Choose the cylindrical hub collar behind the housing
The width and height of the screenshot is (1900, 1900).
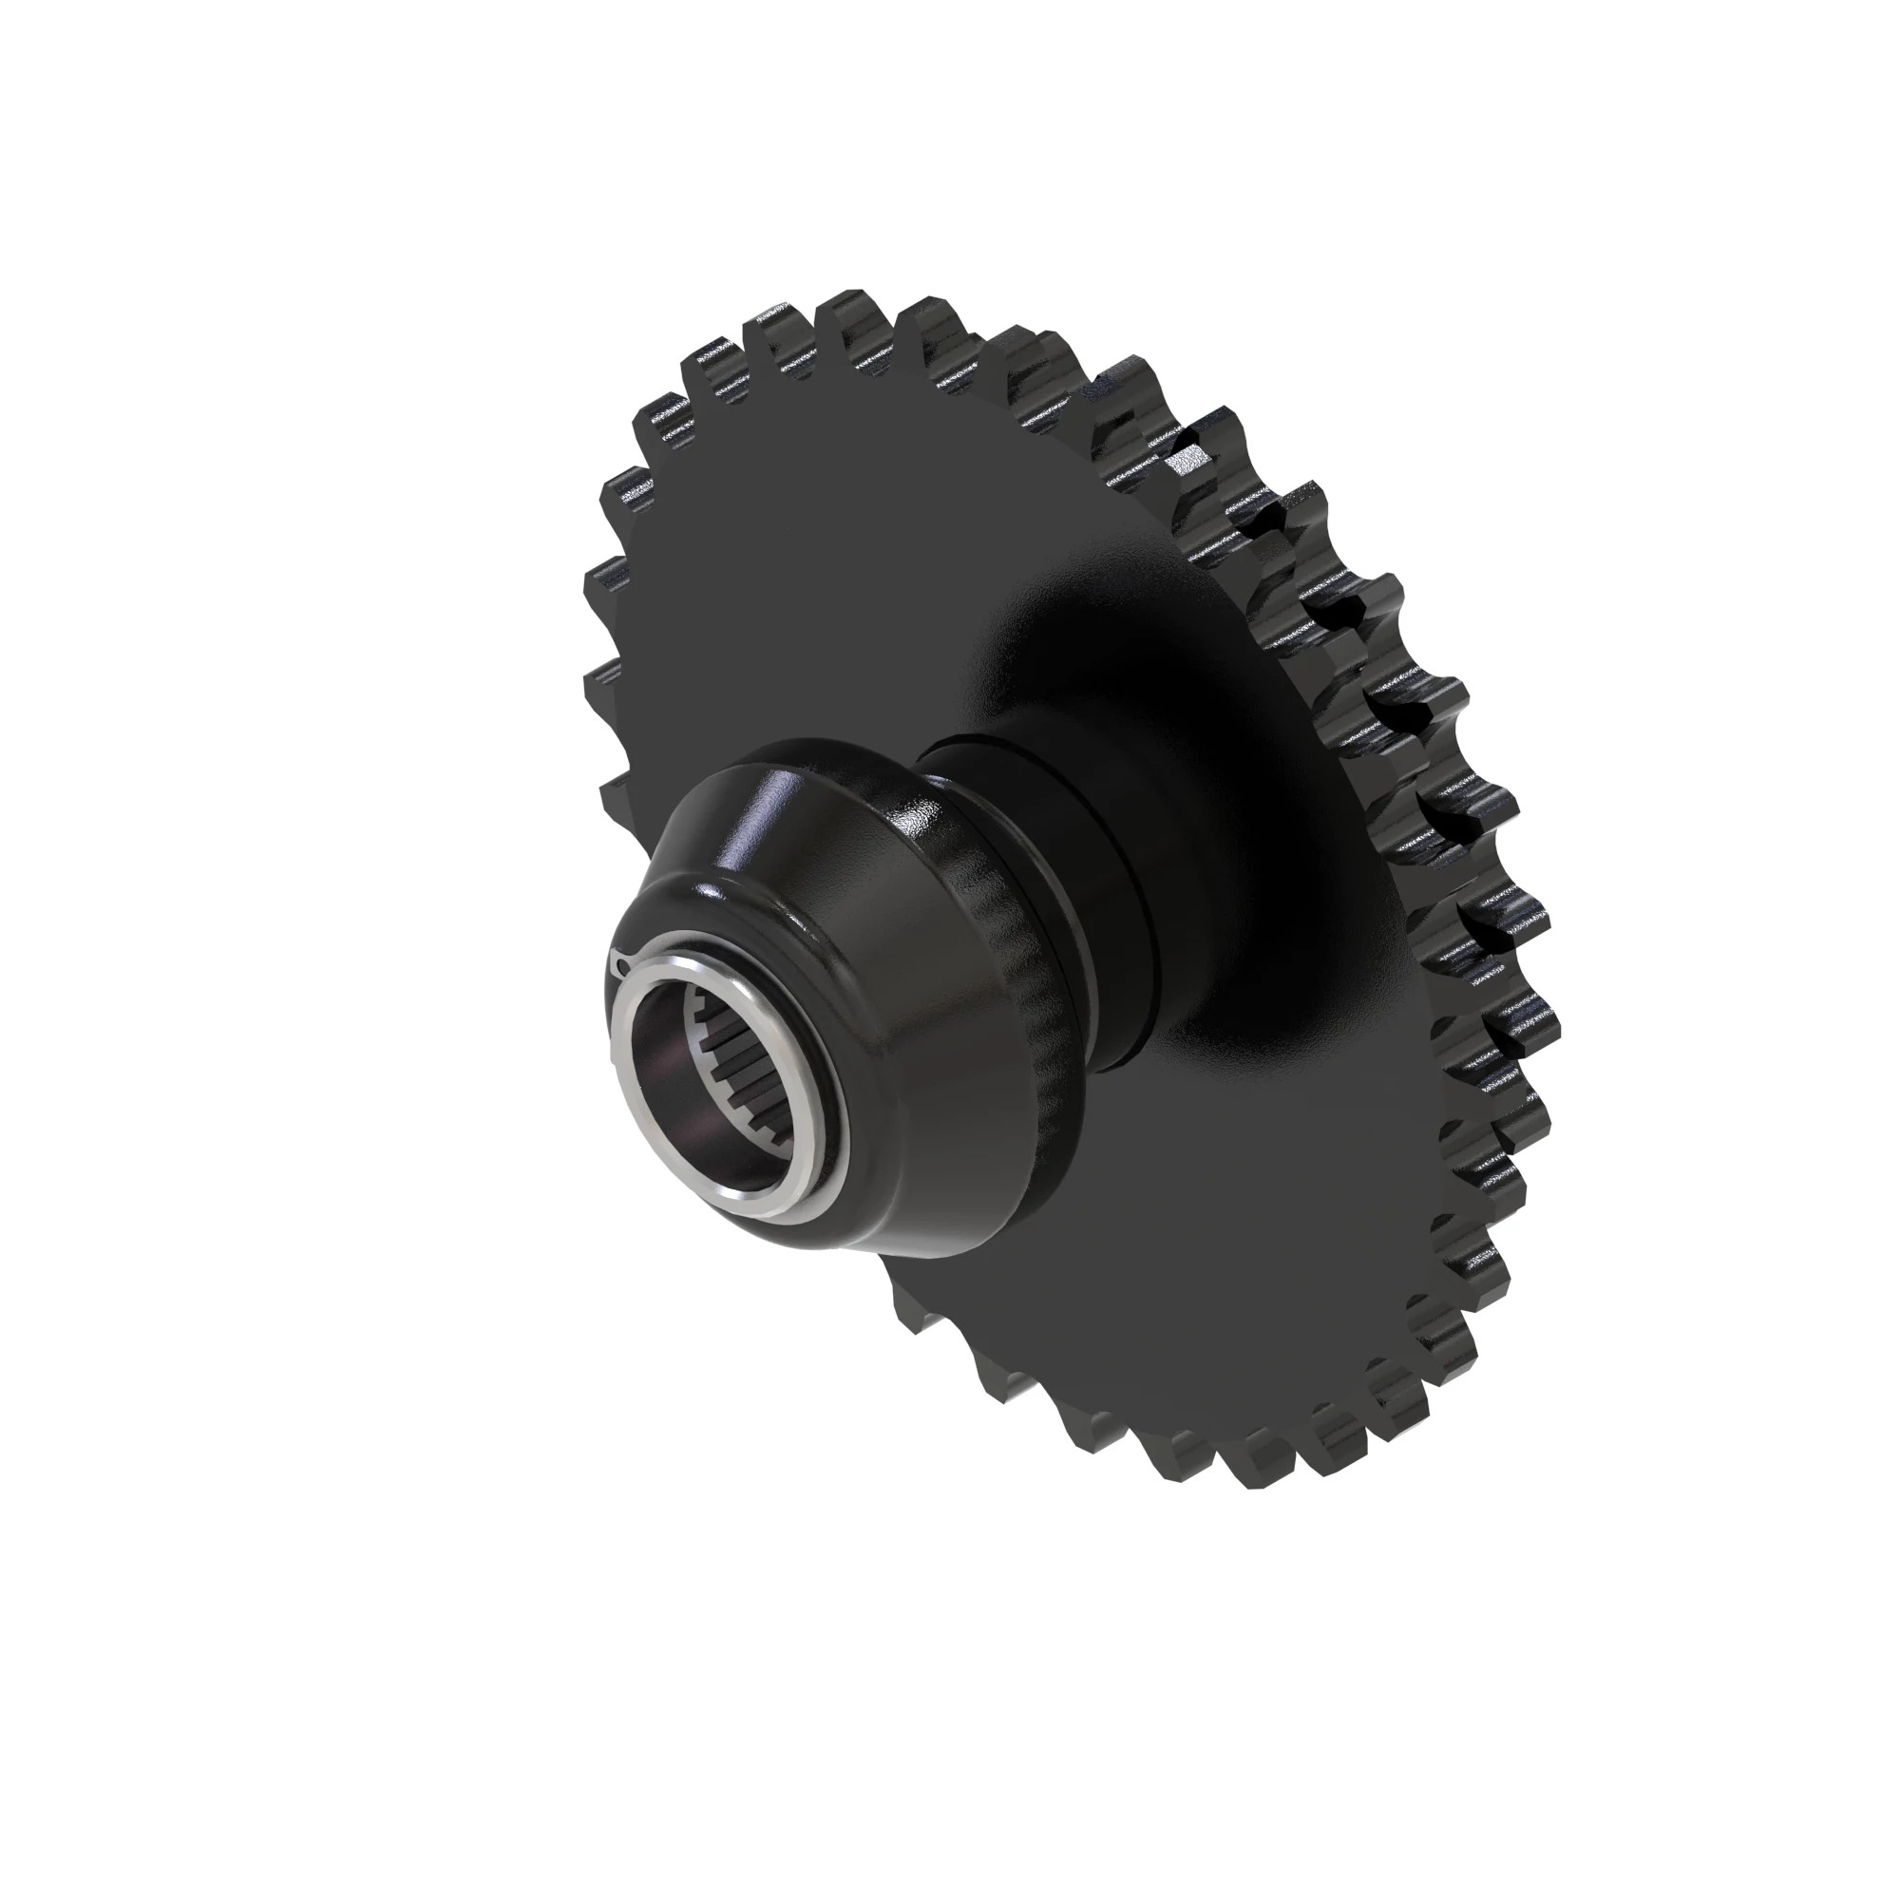coord(1111,865)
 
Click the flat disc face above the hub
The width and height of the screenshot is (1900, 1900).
coord(836,551)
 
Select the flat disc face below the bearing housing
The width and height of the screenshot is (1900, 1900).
coord(1130,1279)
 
